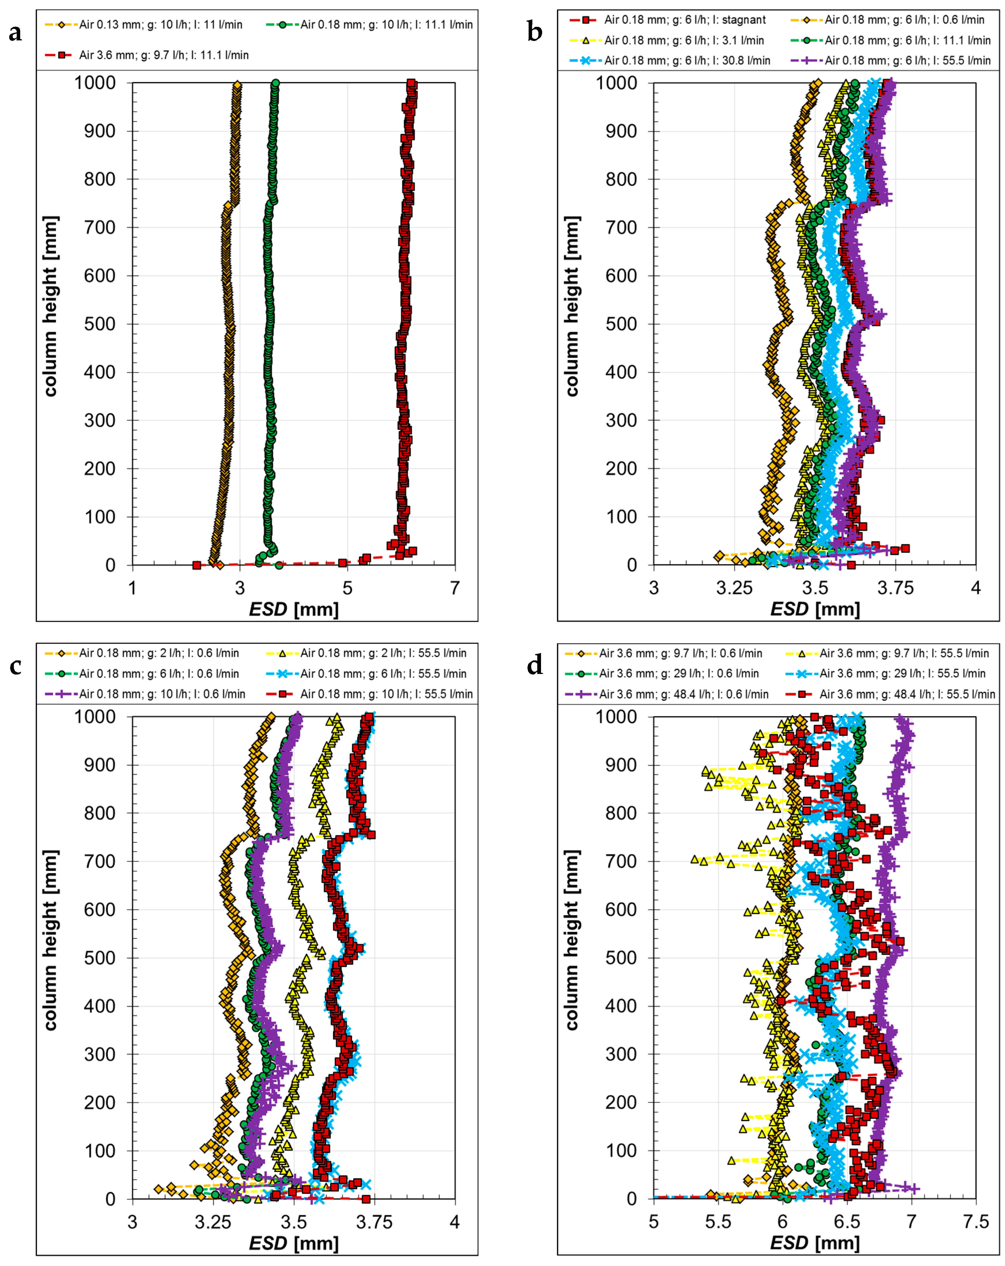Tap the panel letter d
pyautogui.click(x=535, y=665)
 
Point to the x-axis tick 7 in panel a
pyautogui.click(x=455, y=588)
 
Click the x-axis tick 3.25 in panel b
pyautogui.click(x=734, y=588)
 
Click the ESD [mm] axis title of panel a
pyautogui.click(x=294, y=609)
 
